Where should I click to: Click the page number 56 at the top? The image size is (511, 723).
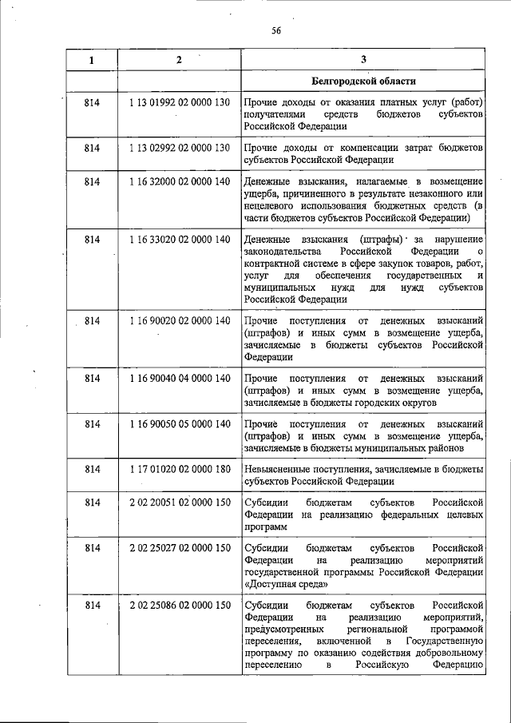(x=276, y=31)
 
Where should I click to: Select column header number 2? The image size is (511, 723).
(x=179, y=60)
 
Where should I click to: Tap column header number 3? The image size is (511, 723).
(x=363, y=60)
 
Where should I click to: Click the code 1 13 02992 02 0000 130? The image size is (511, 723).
(x=179, y=148)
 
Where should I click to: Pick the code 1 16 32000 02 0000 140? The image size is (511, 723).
(x=179, y=183)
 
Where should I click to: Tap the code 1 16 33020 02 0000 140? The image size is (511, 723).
(x=179, y=240)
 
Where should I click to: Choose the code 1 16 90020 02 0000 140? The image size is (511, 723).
(x=179, y=320)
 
